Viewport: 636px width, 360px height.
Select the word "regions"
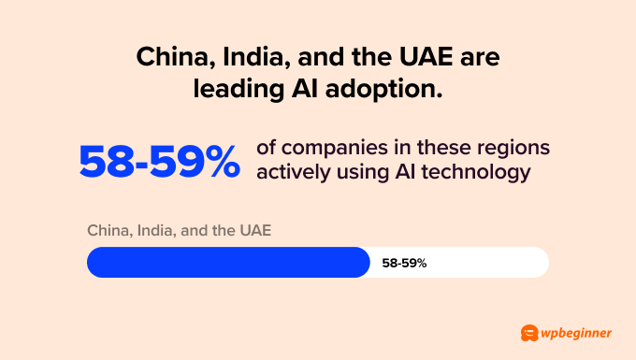pos(513,150)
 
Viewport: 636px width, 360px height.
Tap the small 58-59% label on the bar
pos(404,263)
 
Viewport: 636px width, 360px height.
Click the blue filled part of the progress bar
pos(228,263)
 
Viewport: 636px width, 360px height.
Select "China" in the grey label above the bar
pos(106,230)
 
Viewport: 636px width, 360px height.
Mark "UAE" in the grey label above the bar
pos(254,230)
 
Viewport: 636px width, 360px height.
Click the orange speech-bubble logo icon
pos(529,333)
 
